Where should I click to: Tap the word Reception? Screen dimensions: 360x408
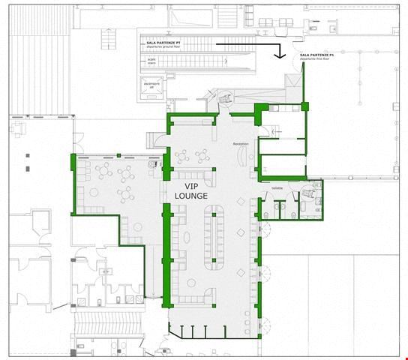click(x=241, y=143)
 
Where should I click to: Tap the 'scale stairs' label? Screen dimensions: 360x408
click(x=151, y=61)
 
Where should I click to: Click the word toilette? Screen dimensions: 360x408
click(x=277, y=188)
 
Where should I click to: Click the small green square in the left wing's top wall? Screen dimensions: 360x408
click(x=116, y=155)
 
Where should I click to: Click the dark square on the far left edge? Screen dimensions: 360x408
click(x=27, y=156)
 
